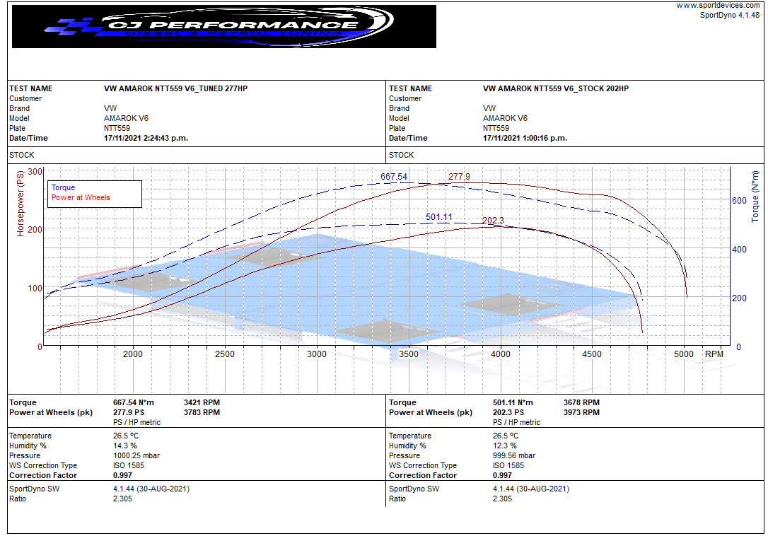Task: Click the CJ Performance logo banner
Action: (x=223, y=27)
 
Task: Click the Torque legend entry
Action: (x=63, y=188)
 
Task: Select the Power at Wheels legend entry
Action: (x=81, y=198)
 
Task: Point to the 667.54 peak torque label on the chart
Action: (x=394, y=177)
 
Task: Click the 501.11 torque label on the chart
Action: (x=438, y=217)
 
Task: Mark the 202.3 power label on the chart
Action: (x=493, y=221)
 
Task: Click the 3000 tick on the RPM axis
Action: (x=317, y=354)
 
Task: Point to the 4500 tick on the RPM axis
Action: (x=592, y=354)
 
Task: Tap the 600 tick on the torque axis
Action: (x=739, y=201)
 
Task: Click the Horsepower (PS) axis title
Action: (x=21, y=203)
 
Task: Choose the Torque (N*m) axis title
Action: (x=756, y=196)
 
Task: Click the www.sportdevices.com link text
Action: (x=718, y=5)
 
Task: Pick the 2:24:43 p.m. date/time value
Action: (x=146, y=139)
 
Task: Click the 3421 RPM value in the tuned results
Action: (x=202, y=403)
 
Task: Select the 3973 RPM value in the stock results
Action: (x=581, y=413)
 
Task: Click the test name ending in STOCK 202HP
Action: (x=555, y=89)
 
